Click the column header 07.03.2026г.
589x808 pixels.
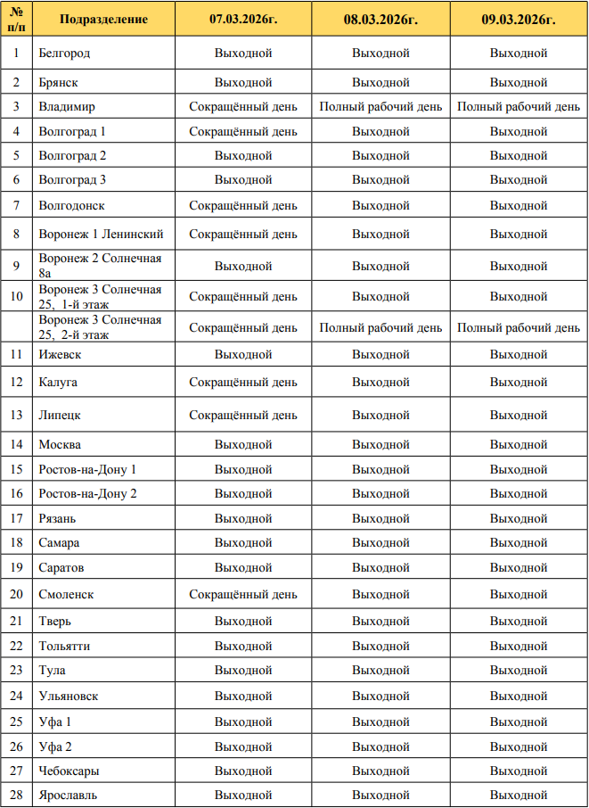coord(243,19)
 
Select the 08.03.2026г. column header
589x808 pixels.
coord(380,19)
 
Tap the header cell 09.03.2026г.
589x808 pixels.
coord(519,19)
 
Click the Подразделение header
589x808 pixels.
coord(103,19)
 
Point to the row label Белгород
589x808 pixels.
coord(64,53)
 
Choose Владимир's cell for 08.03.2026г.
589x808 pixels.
coord(380,107)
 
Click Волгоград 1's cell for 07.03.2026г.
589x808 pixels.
coord(243,131)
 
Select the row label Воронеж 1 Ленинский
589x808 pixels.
coord(101,235)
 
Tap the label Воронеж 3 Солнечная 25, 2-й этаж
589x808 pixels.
coord(100,327)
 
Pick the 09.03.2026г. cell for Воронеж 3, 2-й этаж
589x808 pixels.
coord(519,327)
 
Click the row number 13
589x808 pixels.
coord(16,416)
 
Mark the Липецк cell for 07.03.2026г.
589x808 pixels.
coord(243,416)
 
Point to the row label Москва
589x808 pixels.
coord(60,444)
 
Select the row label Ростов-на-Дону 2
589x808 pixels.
coord(87,493)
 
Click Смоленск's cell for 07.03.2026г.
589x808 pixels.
coord(243,594)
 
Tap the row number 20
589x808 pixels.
coord(16,594)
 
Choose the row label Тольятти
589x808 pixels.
coord(64,646)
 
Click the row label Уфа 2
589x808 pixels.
coord(55,746)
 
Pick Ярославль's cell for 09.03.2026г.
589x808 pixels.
coord(519,795)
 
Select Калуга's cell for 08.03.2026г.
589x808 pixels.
coord(380,383)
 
